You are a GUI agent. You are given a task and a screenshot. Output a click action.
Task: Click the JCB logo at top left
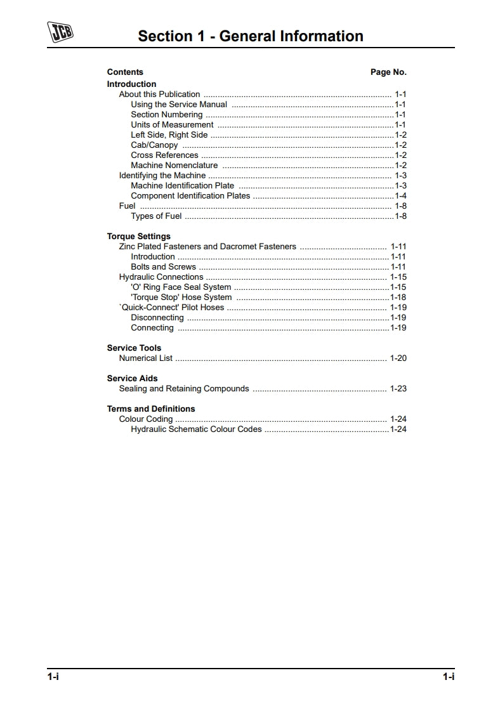coord(60,31)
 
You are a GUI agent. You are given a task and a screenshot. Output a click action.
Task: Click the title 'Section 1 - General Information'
coord(251,36)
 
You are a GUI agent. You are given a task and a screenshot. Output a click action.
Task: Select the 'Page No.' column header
coord(388,72)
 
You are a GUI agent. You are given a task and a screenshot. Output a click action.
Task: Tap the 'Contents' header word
coord(125,72)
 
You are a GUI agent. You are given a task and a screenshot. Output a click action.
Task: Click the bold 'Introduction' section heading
coord(131,84)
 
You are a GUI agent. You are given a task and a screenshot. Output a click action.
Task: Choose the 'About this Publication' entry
coord(159,94)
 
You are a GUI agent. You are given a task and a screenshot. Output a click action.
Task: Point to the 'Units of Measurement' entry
coord(172,124)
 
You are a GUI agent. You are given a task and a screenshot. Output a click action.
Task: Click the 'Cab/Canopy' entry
coord(154,145)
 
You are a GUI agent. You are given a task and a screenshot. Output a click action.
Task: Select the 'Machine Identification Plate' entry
coord(182,185)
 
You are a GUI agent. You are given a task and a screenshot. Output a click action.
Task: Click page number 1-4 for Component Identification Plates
coord(400,195)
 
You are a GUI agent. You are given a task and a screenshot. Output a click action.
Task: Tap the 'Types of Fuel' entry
coord(156,216)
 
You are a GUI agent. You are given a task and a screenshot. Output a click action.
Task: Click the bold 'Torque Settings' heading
coord(138,236)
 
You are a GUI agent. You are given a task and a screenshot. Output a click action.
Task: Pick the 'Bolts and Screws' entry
coord(163,266)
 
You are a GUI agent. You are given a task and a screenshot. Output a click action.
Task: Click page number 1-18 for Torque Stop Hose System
coord(398,297)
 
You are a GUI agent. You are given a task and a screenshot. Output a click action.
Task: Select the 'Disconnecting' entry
coord(157,317)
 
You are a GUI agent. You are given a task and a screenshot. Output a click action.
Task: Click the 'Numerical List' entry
coord(145,358)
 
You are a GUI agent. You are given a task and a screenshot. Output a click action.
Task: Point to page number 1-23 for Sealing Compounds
coord(398,388)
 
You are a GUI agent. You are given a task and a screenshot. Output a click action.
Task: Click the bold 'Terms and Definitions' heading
coord(150,409)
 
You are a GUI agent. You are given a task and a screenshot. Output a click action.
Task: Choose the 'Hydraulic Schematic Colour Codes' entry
coord(196,429)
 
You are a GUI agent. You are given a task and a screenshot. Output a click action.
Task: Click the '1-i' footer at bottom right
coord(448,677)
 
